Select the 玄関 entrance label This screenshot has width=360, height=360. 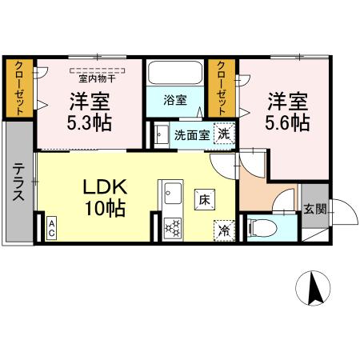coord(314,210)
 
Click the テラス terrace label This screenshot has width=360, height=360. coord(18,183)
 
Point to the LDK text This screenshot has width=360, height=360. coord(104,187)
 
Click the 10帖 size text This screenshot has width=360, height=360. coord(104,210)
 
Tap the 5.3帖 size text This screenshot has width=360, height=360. coord(89,124)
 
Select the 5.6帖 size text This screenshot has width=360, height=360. coord(287,124)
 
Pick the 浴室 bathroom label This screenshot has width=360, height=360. coord(175,101)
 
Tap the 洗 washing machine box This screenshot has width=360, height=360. coord(226,134)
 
